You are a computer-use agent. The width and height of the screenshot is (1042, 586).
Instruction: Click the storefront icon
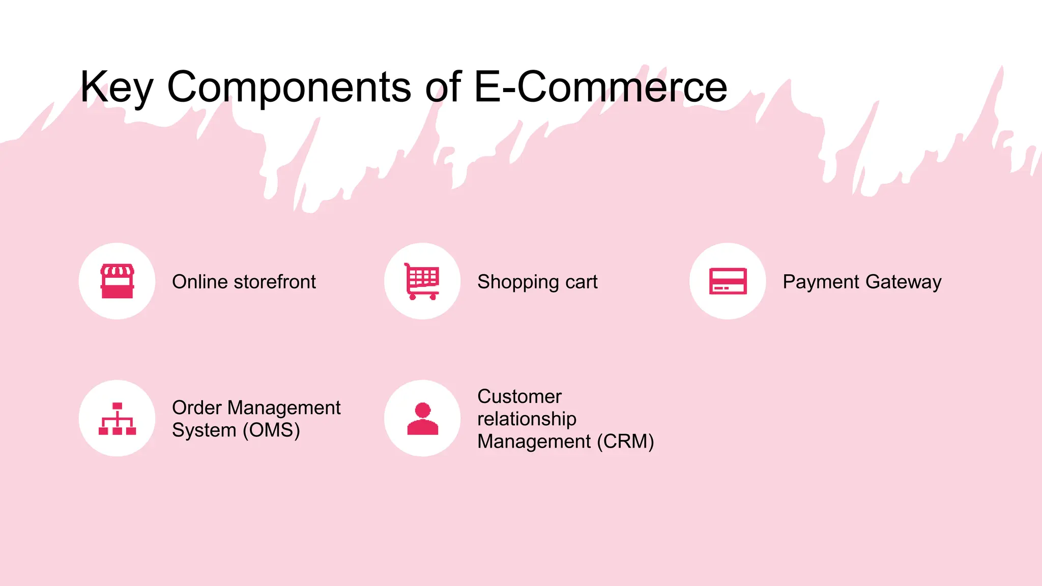click(117, 281)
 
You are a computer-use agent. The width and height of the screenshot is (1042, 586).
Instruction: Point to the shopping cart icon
click(422, 281)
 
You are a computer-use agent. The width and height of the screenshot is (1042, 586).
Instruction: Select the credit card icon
click(728, 281)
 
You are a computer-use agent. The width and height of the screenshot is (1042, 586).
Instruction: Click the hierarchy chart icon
click(117, 419)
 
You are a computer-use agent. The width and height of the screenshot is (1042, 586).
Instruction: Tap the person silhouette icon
click(422, 419)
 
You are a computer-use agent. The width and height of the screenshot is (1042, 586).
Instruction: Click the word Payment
click(821, 282)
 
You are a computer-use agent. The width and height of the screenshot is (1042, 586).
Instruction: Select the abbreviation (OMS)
click(271, 430)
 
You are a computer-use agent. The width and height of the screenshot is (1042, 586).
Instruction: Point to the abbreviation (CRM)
click(625, 442)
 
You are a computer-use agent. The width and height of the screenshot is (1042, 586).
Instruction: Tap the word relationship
click(527, 419)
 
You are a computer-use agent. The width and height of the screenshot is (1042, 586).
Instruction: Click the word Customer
click(519, 397)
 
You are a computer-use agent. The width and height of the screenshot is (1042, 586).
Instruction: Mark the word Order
click(197, 408)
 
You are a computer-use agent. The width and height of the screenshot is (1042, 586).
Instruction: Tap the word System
click(204, 430)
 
